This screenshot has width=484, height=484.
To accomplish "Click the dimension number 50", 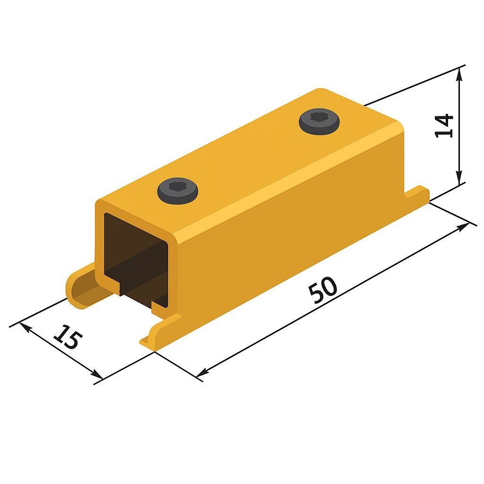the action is pos(323,290).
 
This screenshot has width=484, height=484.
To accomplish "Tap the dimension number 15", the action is pos(68,337).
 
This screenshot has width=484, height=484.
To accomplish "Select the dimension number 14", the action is pos(444,126).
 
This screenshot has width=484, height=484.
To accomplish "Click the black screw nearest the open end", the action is pos(178,191).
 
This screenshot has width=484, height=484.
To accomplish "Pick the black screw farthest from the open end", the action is pos(319,121).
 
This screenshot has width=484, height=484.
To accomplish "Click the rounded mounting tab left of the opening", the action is pos(81,287).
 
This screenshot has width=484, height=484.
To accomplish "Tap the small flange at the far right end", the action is pos(417,193).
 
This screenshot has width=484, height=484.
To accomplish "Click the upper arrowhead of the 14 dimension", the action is pos(459,74).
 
